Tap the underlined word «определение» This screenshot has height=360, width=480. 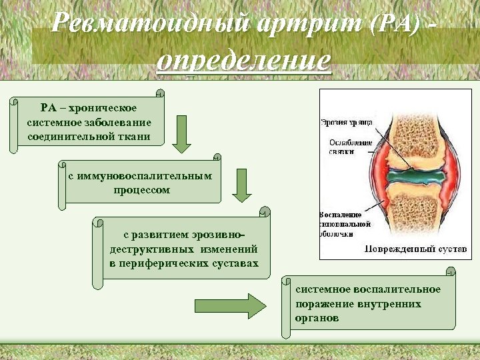[243, 61]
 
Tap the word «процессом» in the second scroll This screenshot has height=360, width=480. [141, 190]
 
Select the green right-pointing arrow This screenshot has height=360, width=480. [230, 306]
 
